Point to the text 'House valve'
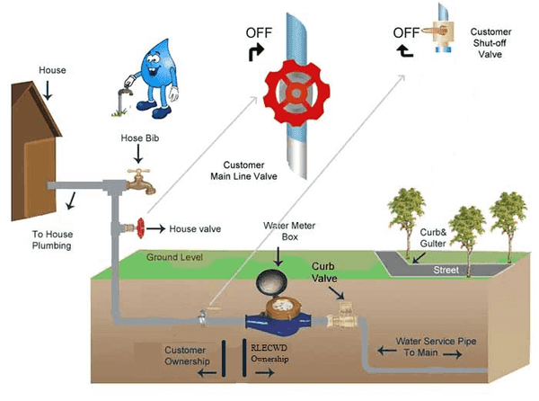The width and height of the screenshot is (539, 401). pyautogui.click(x=196, y=229)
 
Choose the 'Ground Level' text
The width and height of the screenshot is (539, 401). pyautogui.click(x=174, y=257)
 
